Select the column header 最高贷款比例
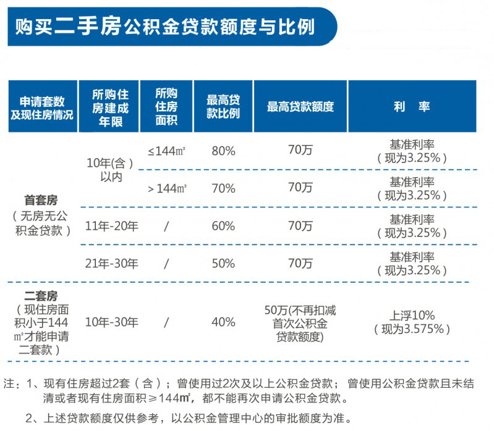223,106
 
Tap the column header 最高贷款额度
300,106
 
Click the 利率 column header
412,106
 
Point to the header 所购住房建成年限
109,107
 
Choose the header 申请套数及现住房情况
41,107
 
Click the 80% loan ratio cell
223,150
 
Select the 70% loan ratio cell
223,188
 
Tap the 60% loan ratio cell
223,226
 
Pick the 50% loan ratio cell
223,264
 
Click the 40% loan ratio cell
223,322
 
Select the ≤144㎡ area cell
167,150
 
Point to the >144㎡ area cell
167,188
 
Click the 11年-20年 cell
111,226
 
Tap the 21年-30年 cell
111,264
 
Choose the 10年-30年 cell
111,322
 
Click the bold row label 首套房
41,200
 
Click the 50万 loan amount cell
300,322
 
